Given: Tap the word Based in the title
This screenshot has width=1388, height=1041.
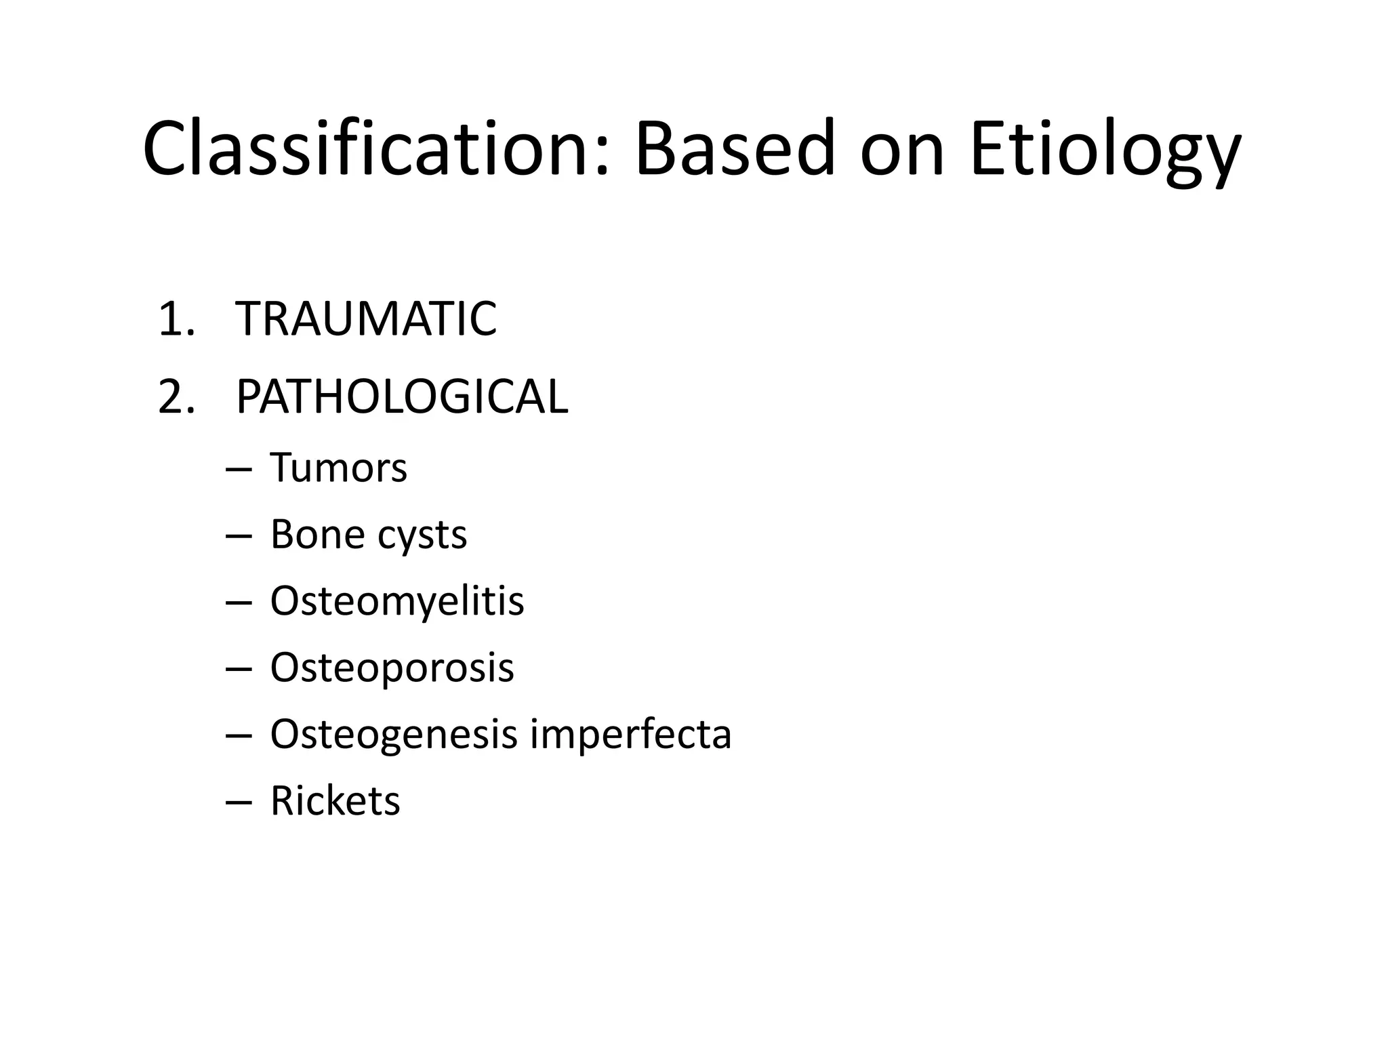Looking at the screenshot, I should point(735,149).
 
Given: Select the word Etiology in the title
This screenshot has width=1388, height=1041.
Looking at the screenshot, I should point(1105,152).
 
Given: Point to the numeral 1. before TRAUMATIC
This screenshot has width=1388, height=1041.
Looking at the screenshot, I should point(176,319).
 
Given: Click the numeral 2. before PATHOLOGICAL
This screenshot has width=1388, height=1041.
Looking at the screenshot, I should point(176,397).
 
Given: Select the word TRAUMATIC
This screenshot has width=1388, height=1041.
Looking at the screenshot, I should point(366,319).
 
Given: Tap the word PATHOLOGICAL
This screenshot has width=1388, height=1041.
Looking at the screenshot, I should point(401,397).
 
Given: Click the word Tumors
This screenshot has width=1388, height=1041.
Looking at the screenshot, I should point(338,468).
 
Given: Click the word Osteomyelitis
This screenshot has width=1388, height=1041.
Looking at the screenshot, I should point(396,602).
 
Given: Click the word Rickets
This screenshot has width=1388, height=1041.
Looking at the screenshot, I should point(335,801).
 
